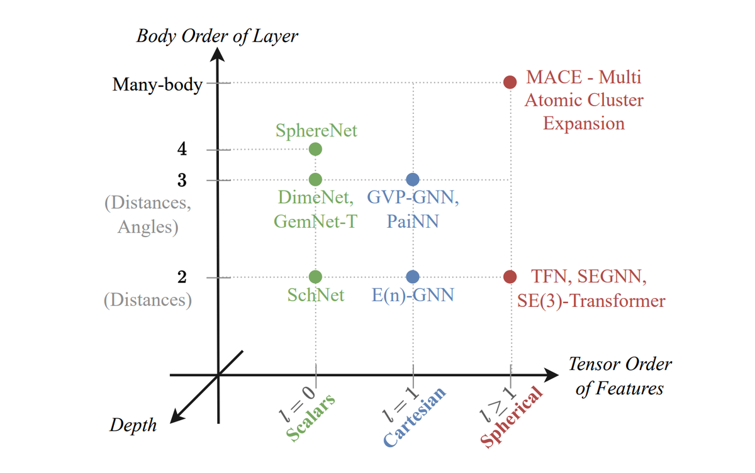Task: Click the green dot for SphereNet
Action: [x=315, y=149]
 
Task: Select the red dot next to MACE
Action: [x=510, y=82]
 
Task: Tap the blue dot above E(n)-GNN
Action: [x=413, y=277]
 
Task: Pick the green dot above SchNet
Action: [x=315, y=277]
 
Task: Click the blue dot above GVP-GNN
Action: [x=413, y=179]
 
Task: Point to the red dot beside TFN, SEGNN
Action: [x=510, y=277]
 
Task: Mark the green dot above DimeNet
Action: [x=315, y=179]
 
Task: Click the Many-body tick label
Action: [x=157, y=85]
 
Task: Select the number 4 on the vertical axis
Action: [x=182, y=148]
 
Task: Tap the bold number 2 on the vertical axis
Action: [x=182, y=277]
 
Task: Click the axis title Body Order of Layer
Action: [x=217, y=36]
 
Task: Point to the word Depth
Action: [x=133, y=425]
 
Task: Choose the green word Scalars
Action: [x=311, y=417]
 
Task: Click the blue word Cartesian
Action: [x=415, y=417]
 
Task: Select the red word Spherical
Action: [x=512, y=417]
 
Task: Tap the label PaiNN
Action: [x=413, y=221]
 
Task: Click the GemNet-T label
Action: [x=315, y=221]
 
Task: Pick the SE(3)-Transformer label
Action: [x=591, y=301]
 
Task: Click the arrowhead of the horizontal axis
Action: [x=551, y=375]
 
